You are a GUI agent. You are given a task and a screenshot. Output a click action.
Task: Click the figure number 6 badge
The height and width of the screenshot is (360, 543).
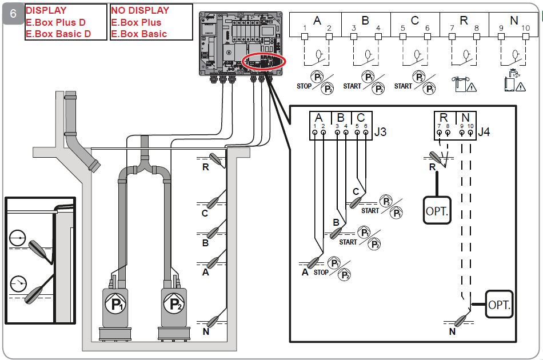coord(13,14)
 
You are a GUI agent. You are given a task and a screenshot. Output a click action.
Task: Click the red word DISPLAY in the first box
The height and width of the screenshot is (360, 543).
coord(46,10)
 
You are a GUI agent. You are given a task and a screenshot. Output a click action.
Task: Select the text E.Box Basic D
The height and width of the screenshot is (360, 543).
coord(58,34)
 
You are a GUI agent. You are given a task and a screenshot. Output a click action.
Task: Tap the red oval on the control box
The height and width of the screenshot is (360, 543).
coord(264,62)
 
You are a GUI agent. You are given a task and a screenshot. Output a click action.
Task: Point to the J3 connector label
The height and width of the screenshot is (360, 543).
coord(380,132)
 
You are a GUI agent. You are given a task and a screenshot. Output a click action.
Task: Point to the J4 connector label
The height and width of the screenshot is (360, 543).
coord(484,132)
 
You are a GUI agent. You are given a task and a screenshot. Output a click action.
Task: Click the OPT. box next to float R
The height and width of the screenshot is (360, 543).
coord(437,210)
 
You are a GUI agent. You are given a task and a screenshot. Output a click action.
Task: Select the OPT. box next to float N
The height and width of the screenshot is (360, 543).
coord(499,304)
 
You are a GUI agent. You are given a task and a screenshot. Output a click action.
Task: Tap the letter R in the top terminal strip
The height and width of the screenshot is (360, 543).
coord(464,21)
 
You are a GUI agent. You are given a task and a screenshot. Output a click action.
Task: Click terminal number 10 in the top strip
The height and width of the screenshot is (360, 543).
coord(526,27)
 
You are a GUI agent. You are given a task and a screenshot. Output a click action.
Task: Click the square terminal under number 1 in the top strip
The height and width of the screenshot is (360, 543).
coord(305,37)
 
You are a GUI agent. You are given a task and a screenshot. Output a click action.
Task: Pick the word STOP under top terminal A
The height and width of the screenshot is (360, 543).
coord(304,86)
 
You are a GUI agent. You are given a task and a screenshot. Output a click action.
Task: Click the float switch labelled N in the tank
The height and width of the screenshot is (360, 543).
coord(213,322)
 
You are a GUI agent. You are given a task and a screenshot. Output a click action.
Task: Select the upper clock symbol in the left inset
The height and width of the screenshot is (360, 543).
coord(18,238)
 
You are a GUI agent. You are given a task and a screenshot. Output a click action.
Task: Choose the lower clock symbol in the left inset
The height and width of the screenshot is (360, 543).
coord(18,284)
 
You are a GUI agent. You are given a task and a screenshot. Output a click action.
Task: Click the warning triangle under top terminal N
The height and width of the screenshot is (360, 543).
coord(521,86)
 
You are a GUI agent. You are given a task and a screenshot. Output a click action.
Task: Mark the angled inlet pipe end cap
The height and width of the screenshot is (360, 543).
coord(94,166)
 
